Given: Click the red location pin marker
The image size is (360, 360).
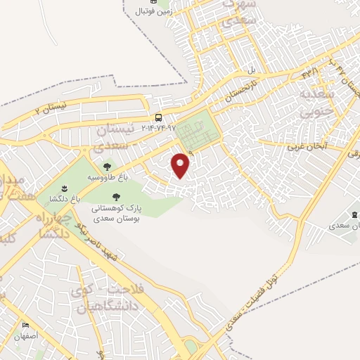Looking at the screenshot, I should coord(181,165).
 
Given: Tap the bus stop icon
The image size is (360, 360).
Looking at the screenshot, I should coord(160,117).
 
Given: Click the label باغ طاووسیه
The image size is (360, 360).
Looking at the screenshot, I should coord(107,178).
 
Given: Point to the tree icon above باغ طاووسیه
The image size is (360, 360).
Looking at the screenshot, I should coord(107,167).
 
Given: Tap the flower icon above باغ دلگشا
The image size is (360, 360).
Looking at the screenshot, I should coord(65,188).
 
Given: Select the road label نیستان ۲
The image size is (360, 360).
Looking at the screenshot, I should coord(53,109).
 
